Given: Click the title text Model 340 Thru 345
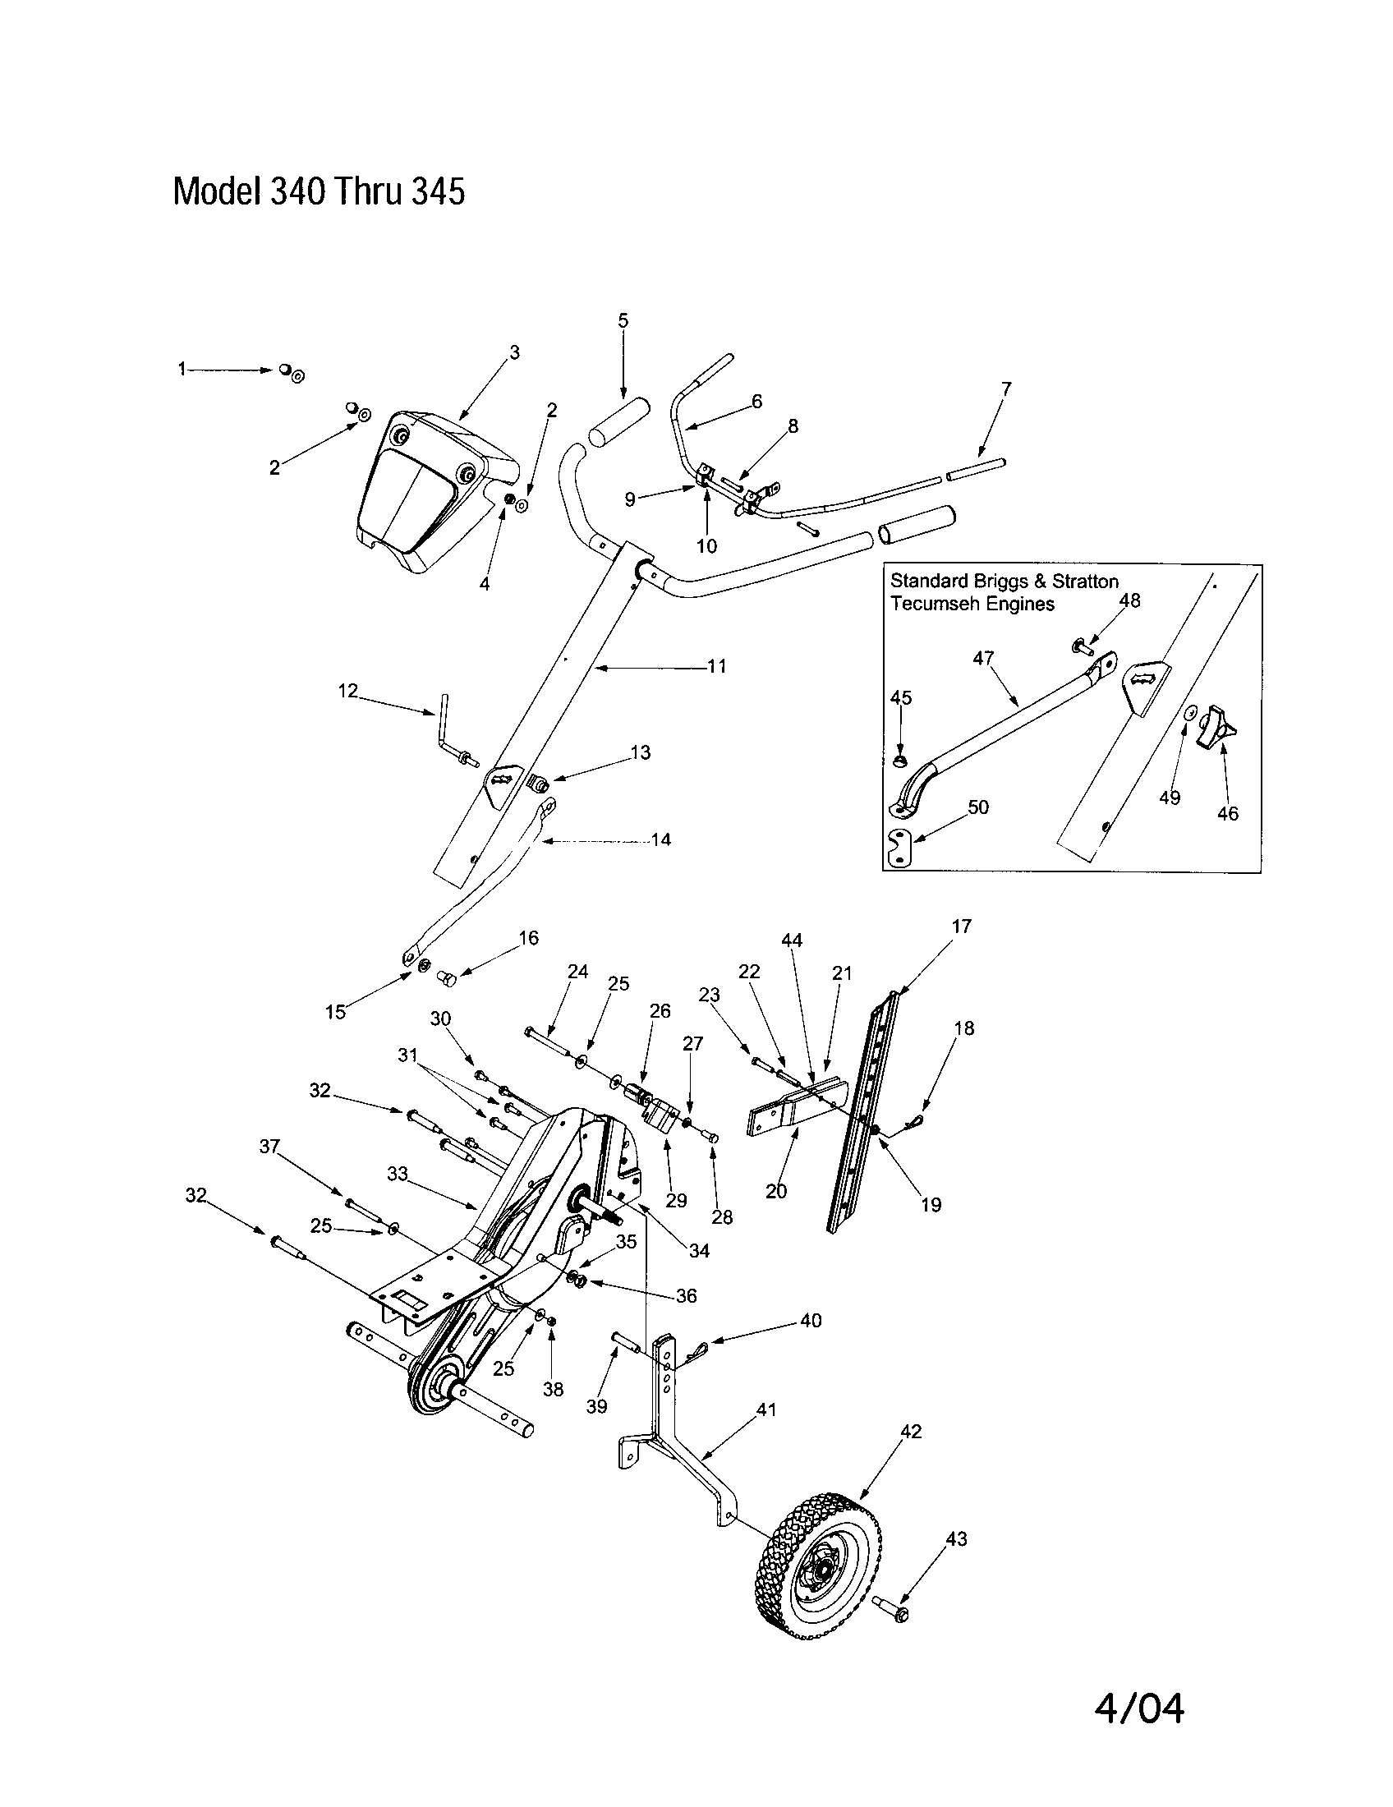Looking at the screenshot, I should pyautogui.click(x=319, y=192).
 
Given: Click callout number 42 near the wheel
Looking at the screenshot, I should pyautogui.click(x=910, y=1432).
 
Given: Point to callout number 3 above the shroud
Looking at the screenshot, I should pyautogui.click(x=514, y=352).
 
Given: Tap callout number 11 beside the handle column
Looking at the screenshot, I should pyautogui.click(x=716, y=665).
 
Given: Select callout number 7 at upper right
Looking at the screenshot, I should pyautogui.click(x=1006, y=388).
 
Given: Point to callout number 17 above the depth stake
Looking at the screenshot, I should pyautogui.click(x=961, y=926).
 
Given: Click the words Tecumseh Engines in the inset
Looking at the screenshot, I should pyautogui.click(x=972, y=604).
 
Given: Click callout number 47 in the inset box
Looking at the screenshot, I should pyautogui.click(x=983, y=658).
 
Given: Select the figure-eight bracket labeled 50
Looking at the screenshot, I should pyautogui.click(x=899, y=849).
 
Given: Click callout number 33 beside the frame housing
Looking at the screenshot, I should pyautogui.click(x=398, y=1174).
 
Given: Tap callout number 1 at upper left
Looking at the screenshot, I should pyautogui.click(x=182, y=370).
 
